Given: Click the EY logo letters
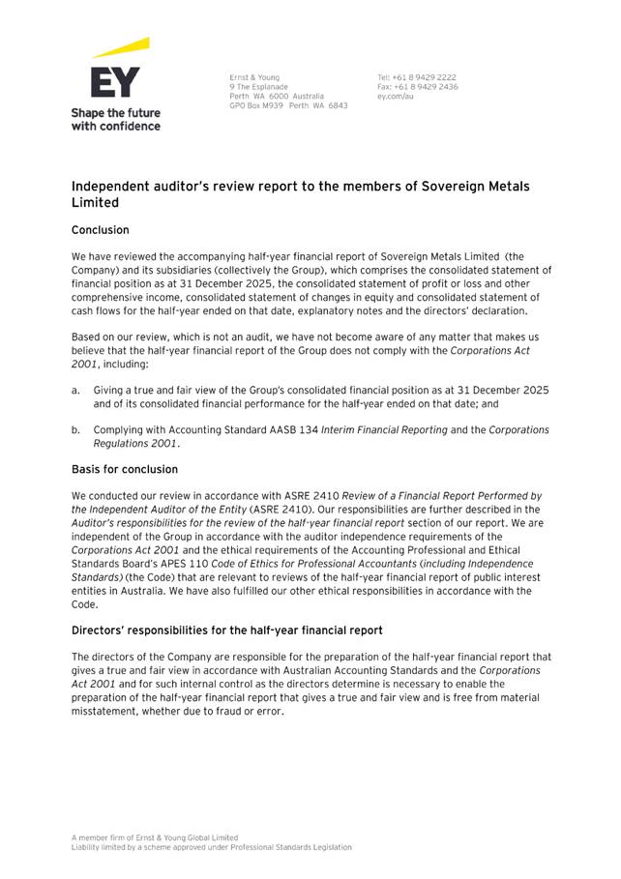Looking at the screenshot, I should (115, 82).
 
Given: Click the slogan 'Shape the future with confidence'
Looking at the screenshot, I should (115, 119).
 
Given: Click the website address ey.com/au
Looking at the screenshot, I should (396, 97).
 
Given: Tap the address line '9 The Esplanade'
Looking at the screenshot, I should (258, 87).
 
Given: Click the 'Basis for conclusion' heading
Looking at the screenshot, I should (125, 469).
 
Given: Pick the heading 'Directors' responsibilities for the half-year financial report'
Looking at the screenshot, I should (227, 630).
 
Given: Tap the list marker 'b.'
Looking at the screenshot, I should (76, 429).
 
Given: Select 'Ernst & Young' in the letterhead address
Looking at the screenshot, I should (254, 77).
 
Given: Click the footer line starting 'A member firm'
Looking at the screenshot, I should (155, 837).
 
